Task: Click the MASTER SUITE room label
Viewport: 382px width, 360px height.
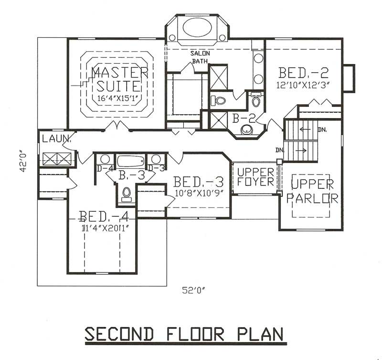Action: click(x=119, y=79)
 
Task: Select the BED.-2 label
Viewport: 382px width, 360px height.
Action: click(x=304, y=73)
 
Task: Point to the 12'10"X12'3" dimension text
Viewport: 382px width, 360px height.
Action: click(x=304, y=85)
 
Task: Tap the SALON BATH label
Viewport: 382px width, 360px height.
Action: click(x=201, y=57)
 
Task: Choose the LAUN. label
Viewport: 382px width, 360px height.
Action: click(x=56, y=139)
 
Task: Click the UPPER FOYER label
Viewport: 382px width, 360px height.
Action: click(x=256, y=177)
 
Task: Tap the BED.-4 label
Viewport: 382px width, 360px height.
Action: click(x=103, y=215)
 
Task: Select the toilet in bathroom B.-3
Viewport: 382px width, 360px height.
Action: click(x=127, y=193)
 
